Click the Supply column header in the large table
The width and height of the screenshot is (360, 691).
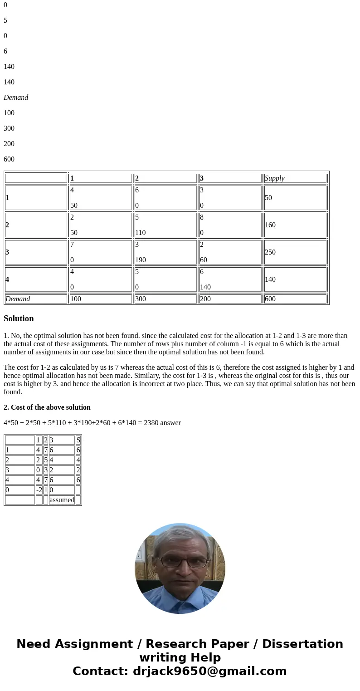pos(274,178)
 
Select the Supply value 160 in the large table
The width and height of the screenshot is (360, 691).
pos(270,225)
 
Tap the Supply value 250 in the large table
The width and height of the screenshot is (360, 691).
pos(270,252)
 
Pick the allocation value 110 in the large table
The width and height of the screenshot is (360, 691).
pos(140,233)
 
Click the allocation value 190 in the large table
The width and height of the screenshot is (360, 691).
pos(140,260)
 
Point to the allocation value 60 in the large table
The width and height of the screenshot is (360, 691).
pos(204,260)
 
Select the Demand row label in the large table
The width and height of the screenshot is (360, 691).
pos(18,299)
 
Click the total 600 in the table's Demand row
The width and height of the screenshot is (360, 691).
pos(270,299)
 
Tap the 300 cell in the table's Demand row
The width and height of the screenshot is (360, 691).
pos(141,299)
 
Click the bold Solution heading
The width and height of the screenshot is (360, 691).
pos(19,319)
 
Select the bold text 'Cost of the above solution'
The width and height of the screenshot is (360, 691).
pos(50,407)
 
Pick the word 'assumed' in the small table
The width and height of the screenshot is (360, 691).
pos(62,500)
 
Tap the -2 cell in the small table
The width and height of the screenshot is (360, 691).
pos(39,490)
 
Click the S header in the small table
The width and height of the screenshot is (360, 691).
pos(78,440)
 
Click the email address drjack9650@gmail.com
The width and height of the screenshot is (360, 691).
pos(209,671)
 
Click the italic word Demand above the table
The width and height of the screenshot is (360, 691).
pos(16,98)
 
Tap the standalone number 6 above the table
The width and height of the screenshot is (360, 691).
pos(5,51)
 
